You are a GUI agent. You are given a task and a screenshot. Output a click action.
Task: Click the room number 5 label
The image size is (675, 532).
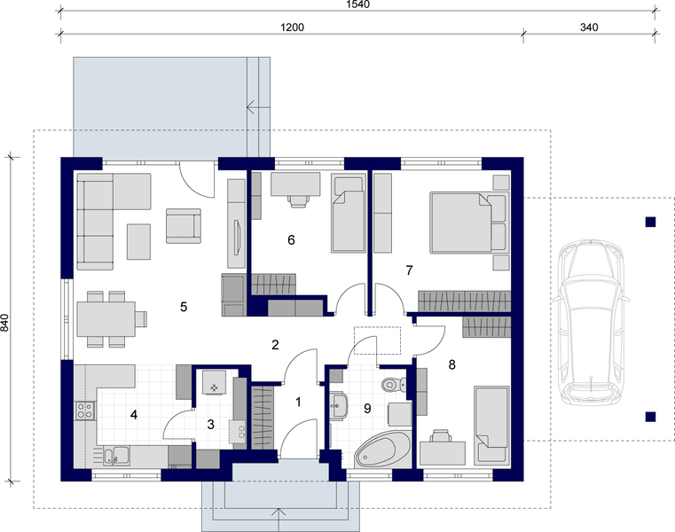coord(184,307)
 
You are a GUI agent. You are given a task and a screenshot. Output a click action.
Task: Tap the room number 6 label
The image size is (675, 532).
coord(291,239)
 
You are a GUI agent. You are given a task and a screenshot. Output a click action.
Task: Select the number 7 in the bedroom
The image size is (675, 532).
coord(409,270)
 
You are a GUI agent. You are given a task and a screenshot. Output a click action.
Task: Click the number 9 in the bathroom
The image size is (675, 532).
coord(366,409)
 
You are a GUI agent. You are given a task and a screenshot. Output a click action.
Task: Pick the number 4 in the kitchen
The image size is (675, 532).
coord(134,413)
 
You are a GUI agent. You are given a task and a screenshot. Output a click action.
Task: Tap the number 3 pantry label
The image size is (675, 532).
coord(210,425)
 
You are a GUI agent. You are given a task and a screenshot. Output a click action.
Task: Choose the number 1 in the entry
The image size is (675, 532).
coord(298,402)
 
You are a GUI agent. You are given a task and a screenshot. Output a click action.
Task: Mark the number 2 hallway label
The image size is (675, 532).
coord(276,344)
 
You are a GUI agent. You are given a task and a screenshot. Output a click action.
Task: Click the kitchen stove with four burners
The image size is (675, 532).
coord(85,411)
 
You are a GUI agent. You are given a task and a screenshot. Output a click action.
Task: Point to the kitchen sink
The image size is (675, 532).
coord(114,456)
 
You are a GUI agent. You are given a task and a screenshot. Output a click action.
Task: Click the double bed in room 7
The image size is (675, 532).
coord(461,223)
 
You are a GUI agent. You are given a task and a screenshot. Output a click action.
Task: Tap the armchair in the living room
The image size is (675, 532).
coord(184,225)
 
